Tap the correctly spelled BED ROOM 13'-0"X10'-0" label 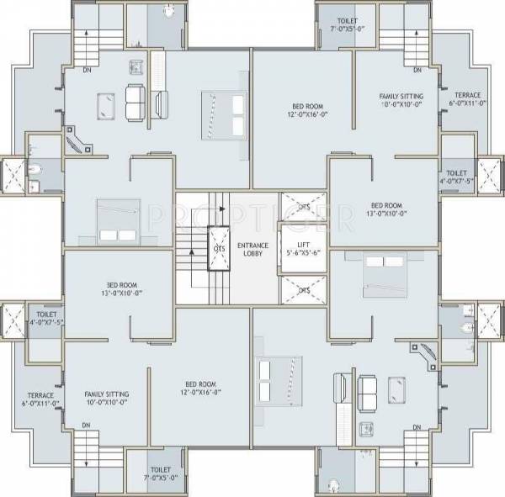(x=387, y=209)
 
